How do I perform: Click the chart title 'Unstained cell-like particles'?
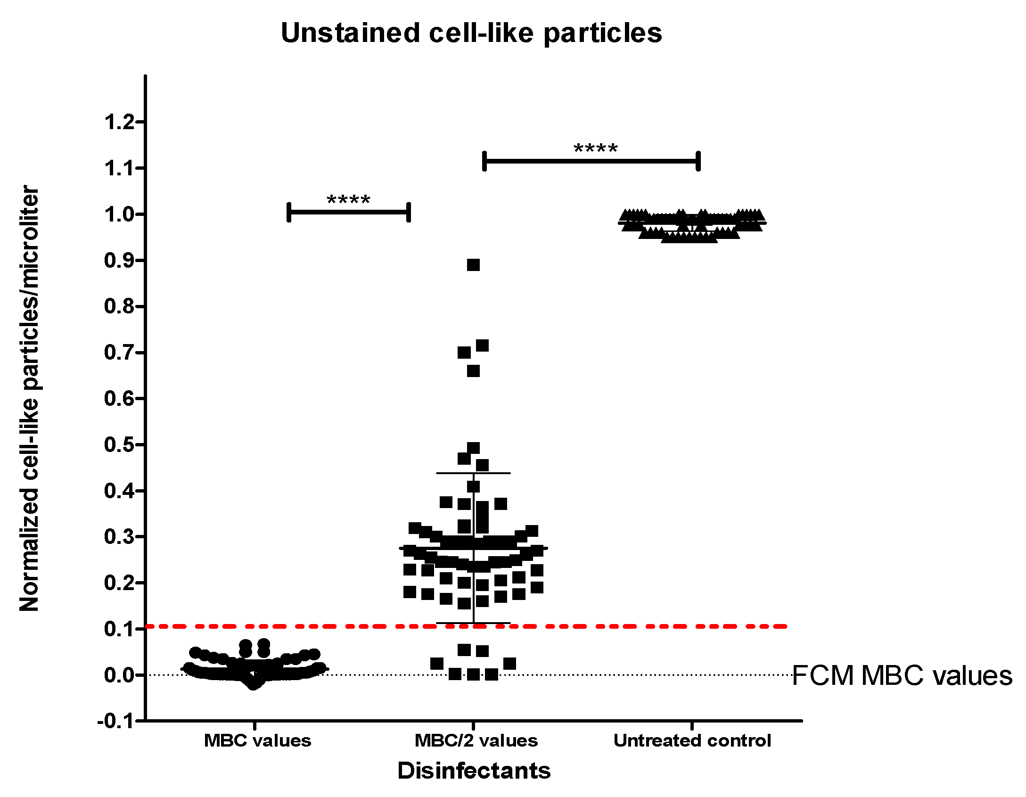471,33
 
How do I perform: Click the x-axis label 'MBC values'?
257,740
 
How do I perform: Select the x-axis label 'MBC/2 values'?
476,740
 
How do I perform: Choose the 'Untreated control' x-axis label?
692,740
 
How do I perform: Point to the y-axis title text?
29,398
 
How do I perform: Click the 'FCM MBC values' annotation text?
902,675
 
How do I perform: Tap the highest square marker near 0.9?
473,265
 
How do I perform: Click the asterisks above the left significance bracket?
348,200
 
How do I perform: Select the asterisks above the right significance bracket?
596,149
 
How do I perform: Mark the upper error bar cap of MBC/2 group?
473,473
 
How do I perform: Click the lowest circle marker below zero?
254,684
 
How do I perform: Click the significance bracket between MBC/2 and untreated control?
591,161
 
